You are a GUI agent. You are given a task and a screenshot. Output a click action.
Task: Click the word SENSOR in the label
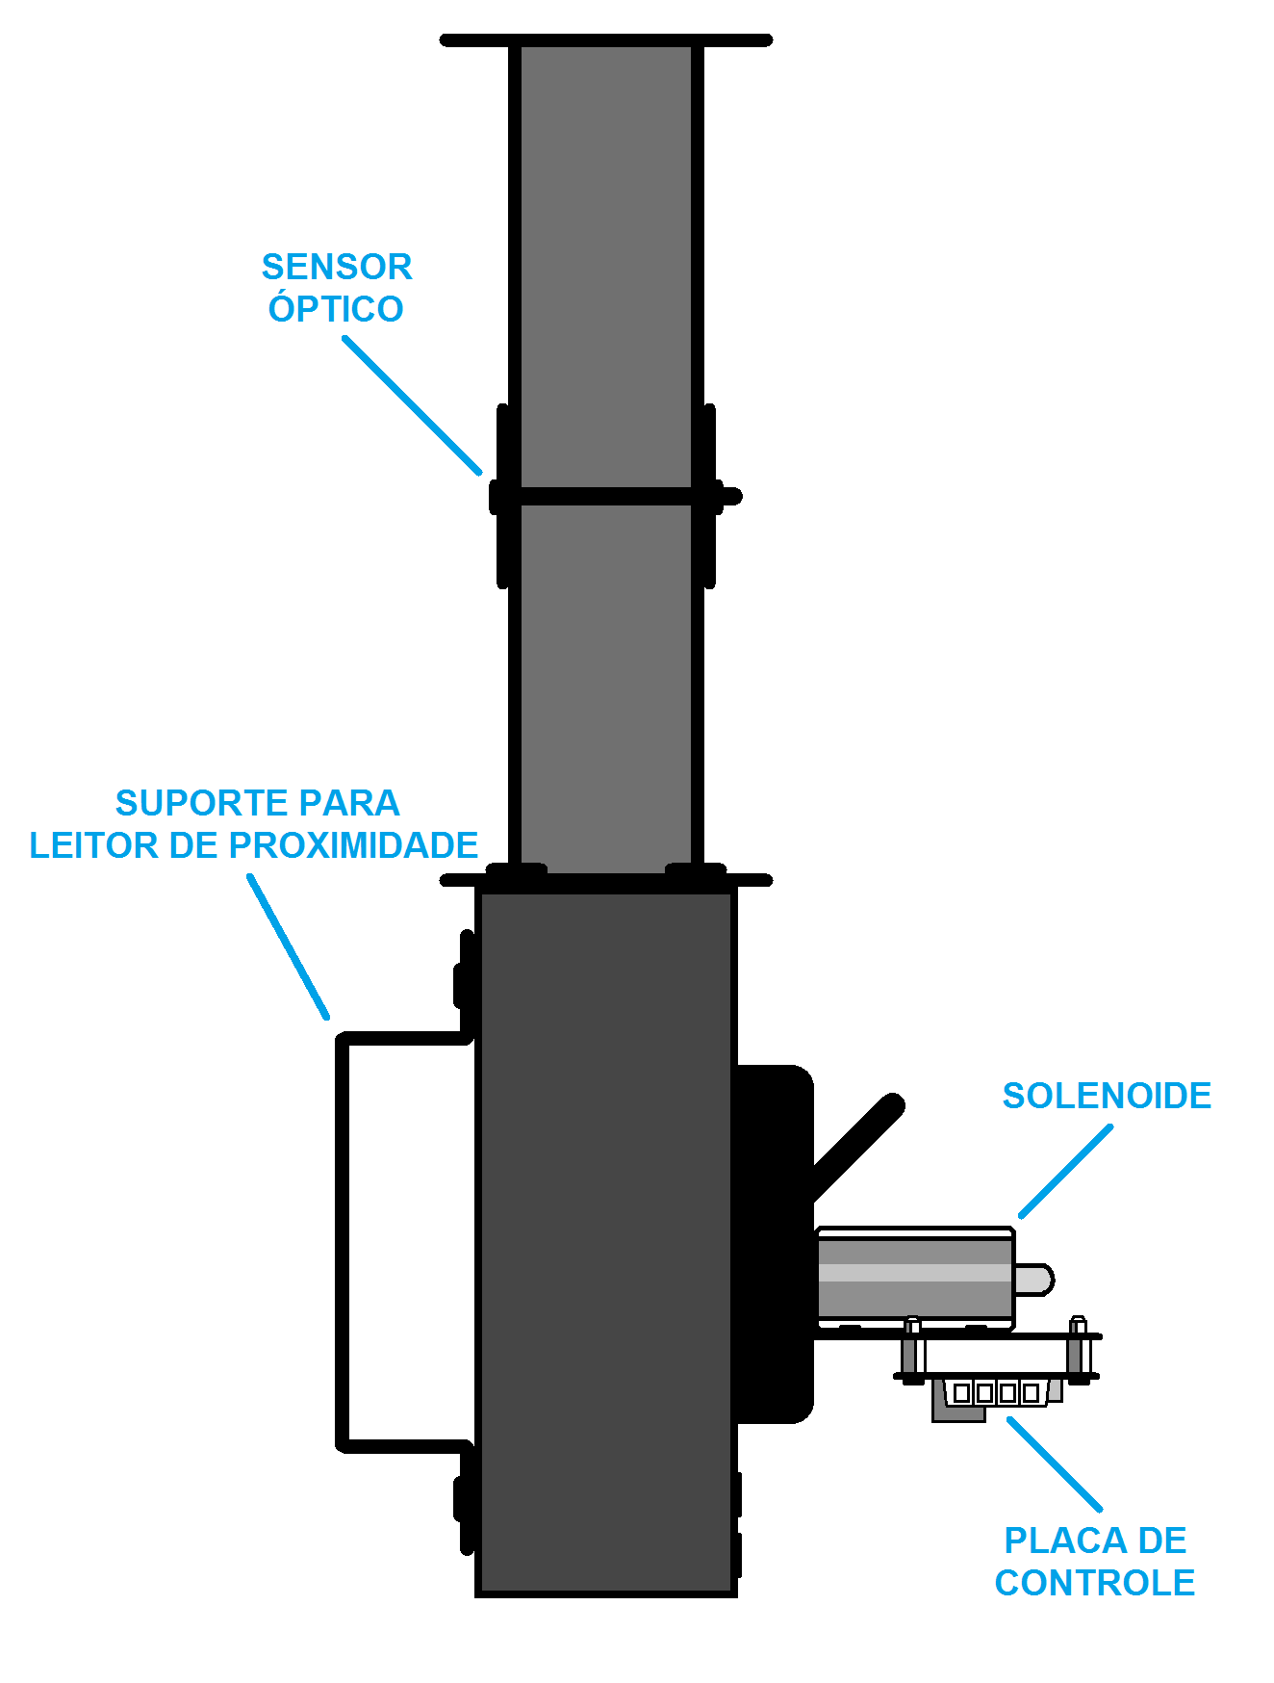coord(337,267)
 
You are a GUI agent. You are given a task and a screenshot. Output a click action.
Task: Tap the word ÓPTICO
coord(336,308)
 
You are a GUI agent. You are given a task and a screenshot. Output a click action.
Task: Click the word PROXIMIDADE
coord(353,845)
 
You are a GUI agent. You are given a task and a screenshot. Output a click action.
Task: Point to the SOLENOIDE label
coord(1107,1096)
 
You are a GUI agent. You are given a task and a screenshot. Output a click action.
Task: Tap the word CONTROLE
coord(1095,1583)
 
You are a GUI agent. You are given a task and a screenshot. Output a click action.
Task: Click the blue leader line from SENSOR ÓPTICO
coord(413,405)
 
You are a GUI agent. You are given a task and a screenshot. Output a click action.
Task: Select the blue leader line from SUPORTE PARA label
coord(289,946)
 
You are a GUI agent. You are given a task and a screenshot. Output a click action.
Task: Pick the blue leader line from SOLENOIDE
coord(1066,1171)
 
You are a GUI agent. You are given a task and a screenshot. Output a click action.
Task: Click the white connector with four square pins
coord(995,1392)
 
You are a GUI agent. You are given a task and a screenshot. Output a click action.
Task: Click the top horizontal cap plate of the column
coord(606,40)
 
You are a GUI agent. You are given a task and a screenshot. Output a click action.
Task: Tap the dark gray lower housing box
coord(606,1242)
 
